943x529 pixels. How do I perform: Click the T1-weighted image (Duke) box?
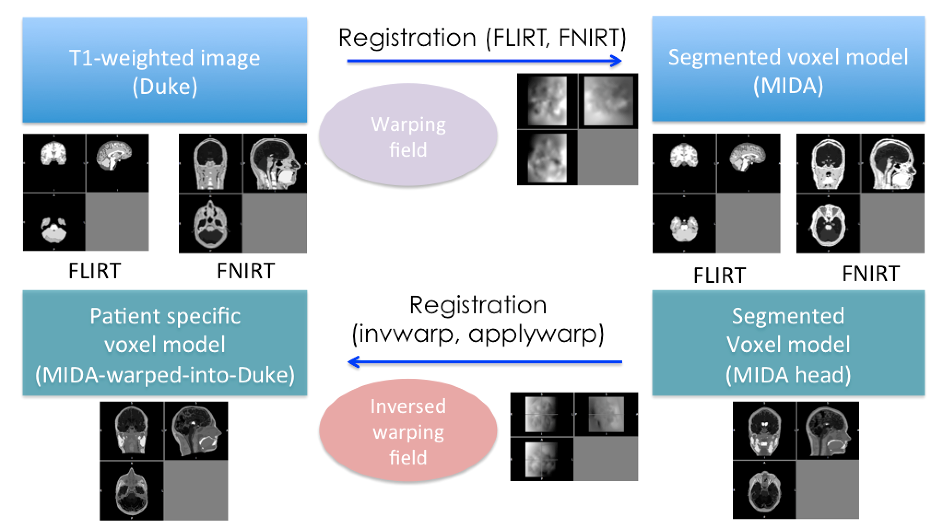tap(165, 70)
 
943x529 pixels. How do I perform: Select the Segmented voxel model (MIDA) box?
tap(788, 69)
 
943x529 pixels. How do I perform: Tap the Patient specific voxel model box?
tap(165, 343)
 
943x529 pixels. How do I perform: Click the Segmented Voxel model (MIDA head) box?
tap(788, 343)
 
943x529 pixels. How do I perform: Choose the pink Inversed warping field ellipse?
tap(408, 431)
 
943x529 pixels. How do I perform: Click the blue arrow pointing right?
tap(484, 61)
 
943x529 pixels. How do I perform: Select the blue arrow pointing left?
tap(484, 362)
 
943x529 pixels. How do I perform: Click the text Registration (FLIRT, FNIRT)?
tap(482, 38)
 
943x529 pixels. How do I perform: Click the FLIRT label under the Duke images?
tap(94, 271)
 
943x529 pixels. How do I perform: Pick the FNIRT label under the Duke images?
tap(246, 271)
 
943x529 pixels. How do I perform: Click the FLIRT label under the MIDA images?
tap(719, 276)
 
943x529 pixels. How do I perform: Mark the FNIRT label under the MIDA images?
tap(871, 274)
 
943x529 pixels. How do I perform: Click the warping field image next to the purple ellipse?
tap(577, 129)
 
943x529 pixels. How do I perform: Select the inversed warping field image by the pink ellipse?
tap(574, 436)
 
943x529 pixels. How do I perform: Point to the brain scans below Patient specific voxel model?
tap(164, 461)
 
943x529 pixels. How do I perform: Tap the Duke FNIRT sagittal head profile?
tap(275, 164)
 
